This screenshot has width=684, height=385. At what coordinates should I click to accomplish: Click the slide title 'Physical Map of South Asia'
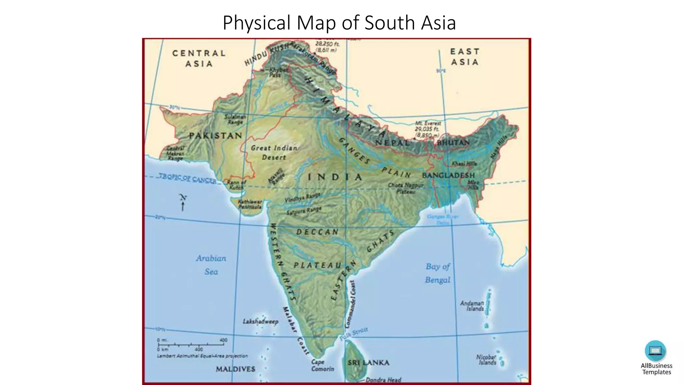[x=339, y=23]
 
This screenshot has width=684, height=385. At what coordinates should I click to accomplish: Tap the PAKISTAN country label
[x=215, y=136]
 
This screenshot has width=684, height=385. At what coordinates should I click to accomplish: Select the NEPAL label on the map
[x=392, y=143]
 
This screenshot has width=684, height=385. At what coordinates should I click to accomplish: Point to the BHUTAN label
[x=453, y=143]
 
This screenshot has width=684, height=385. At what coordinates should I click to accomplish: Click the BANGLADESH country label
[x=448, y=175]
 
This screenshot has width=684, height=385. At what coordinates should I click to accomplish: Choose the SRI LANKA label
[x=368, y=363]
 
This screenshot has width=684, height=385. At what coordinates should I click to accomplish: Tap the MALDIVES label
[x=235, y=369]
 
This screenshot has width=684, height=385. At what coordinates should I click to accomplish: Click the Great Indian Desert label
[x=274, y=152]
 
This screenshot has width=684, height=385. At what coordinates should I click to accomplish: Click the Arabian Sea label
[x=211, y=265]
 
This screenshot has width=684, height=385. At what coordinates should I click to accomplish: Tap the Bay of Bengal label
[x=438, y=273]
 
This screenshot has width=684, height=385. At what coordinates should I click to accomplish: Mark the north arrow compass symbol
[x=183, y=202]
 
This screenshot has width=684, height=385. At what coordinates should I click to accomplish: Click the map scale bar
[x=192, y=344]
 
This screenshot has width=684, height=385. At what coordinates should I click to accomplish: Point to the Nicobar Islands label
[x=486, y=360]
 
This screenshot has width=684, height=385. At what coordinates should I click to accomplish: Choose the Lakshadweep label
[x=261, y=322]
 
